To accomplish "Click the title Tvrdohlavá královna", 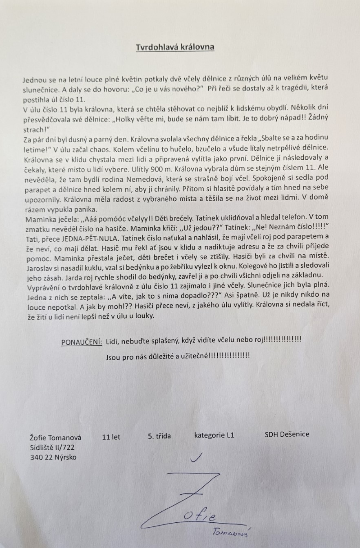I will point(175,47).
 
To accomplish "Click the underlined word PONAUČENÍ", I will point(82,342).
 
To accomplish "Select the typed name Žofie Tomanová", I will point(55,438).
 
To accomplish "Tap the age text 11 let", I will point(111,437).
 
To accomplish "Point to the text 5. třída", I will point(159,436).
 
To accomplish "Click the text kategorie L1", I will point(214,435).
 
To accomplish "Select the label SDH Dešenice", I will point(287,434).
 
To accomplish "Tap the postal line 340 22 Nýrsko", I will point(53,457).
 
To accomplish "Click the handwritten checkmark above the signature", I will point(197,458).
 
